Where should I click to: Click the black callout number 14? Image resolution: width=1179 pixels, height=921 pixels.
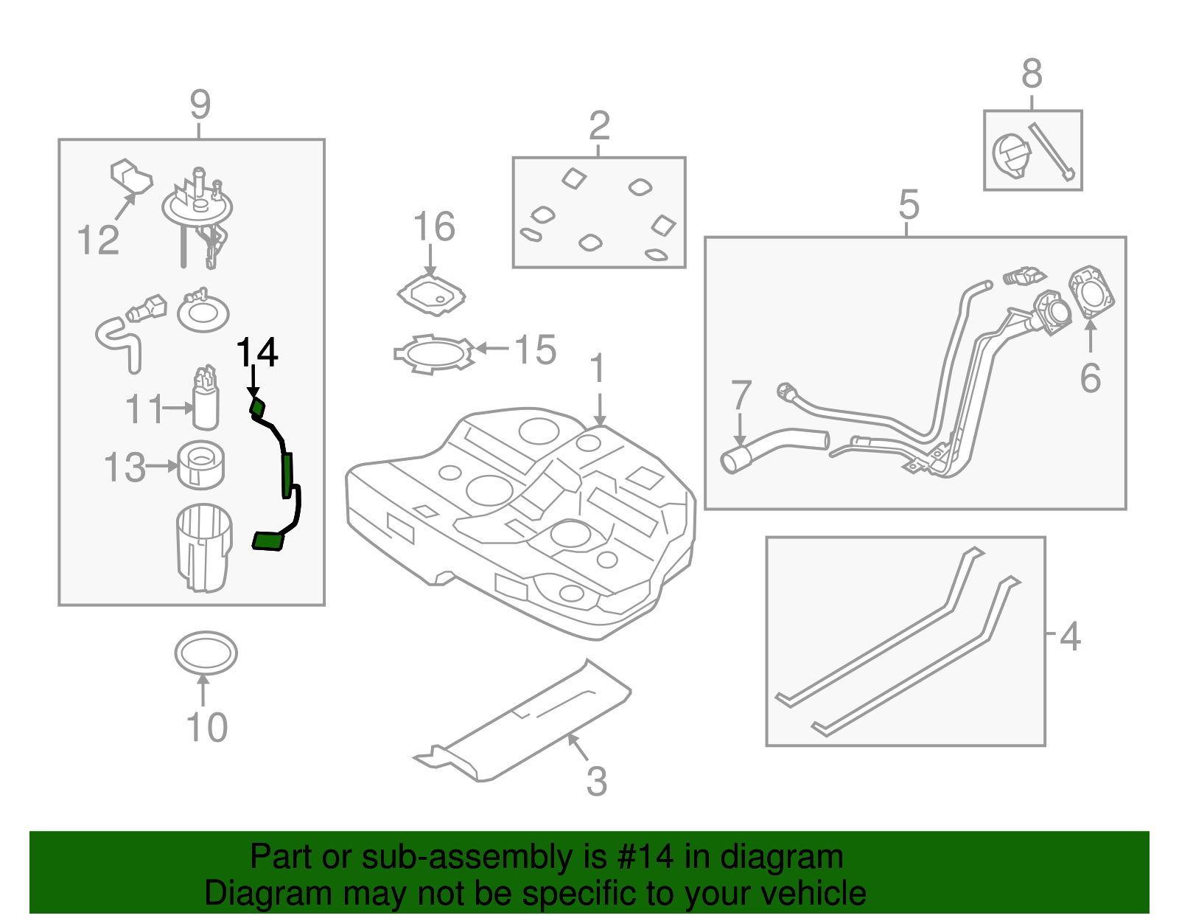pyautogui.click(x=256, y=352)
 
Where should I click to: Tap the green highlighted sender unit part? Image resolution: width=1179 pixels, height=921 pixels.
pyautogui.click(x=287, y=476)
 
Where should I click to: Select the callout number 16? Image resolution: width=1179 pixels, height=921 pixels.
pyautogui.click(x=433, y=226)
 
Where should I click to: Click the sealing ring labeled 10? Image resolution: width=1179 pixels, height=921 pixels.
pyautogui.click(x=206, y=653)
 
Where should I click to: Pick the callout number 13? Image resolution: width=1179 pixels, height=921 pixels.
pyautogui.click(x=125, y=468)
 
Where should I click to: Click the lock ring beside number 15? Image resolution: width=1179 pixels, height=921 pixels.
pyautogui.click(x=433, y=353)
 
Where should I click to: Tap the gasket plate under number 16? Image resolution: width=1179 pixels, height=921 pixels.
pyautogui.click(x=432, y=296)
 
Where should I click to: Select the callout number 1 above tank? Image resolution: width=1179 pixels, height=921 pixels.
pyautogui.click(x=598, y=369)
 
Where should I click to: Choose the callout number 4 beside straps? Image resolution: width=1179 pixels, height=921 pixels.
pyautogui.click(x=1070, y=636)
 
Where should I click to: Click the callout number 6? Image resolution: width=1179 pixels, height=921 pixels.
pyautogui.click(x=1090, y=378)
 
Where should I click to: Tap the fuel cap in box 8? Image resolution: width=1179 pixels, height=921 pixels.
pyautogui.click(x=1010, y=156)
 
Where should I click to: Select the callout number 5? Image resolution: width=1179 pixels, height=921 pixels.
pyautogui.click(x=909, y=204)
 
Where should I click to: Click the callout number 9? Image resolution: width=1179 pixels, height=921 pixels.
pyautogui.click(x=200, y=105)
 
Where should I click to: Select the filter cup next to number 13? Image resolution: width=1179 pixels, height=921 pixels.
pyautogui.click(x=201, y=465)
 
